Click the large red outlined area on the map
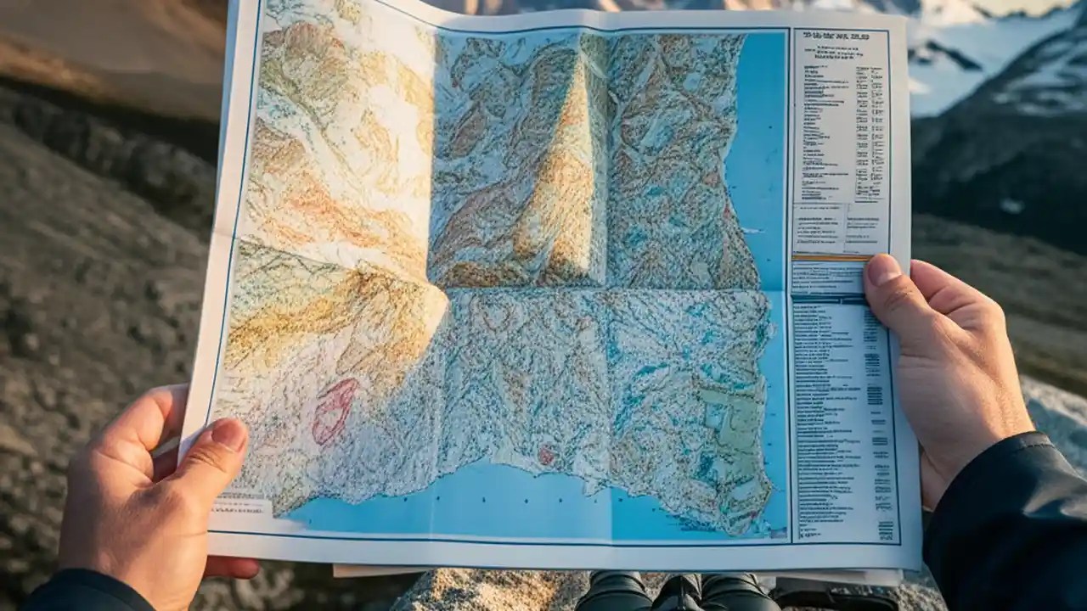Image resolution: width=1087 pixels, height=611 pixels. (x=335, y=412)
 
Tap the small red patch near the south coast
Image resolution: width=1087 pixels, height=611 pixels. (x=545, y=456)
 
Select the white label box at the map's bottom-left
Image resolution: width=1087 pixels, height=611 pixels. (x=241, y=507)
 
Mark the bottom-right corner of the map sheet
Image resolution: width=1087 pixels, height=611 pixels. (x=920, y=567)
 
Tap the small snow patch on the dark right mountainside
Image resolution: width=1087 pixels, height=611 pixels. (x=1011, y=206)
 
